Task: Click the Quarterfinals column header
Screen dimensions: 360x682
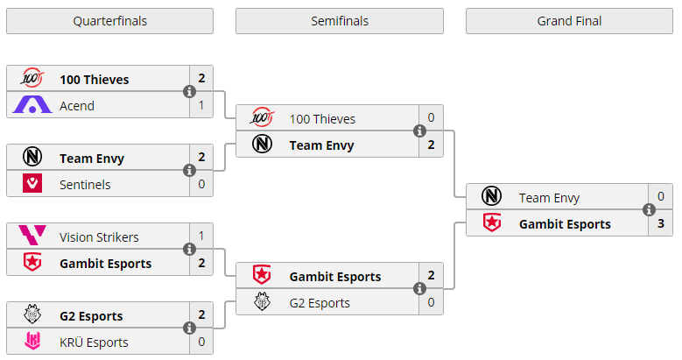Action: click(x=109, y=21)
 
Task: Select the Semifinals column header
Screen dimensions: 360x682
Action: click(x=339, y=21)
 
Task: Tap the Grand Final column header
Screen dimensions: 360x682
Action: click(x=569, y=21)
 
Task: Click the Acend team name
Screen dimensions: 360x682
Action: click(x=77, y=106)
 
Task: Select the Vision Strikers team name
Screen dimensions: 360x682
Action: click(x=99, y=237)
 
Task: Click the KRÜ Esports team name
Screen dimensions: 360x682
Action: click(x=94, y=342)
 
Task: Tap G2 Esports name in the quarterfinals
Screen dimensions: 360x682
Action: click(x=91, y=316)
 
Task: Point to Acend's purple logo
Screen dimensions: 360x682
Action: click(x=32, y=106)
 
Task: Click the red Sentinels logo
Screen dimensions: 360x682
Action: click(x=32, y=185)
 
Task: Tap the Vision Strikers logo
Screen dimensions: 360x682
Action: click(x=32, y=237)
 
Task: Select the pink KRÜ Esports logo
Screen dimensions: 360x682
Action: click(x=32, y=342)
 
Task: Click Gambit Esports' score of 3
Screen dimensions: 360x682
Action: click(x=661, y=224)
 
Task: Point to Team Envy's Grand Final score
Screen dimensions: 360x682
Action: click(x=661, y=198)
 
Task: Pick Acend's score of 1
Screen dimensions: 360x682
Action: click(x=201, y=106)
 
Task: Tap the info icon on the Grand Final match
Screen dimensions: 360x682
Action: click(x=649, y=210)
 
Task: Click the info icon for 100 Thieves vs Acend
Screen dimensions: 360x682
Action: click(x=189, y=92)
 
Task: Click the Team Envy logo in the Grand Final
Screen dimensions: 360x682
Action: click(x=492, y=198)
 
